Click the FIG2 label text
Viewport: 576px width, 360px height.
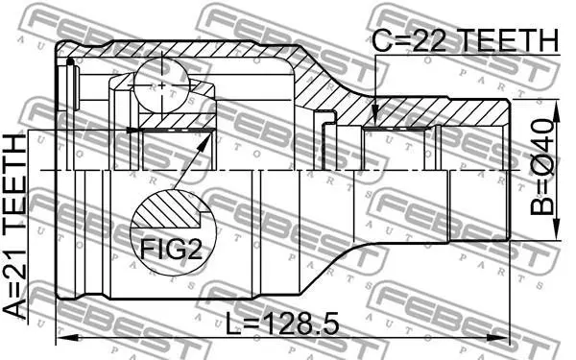pyautogui.click(x=171, y=250)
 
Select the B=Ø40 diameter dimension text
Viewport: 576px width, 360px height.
pyautogui.click(x=541, y=167)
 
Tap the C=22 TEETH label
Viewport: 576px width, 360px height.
pyautogui.click(x=466, y=40)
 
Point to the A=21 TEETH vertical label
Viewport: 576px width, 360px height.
pyautogui.click(x=15, y=227)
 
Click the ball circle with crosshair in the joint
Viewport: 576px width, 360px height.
pyautogui.click(x=161, y=85)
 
